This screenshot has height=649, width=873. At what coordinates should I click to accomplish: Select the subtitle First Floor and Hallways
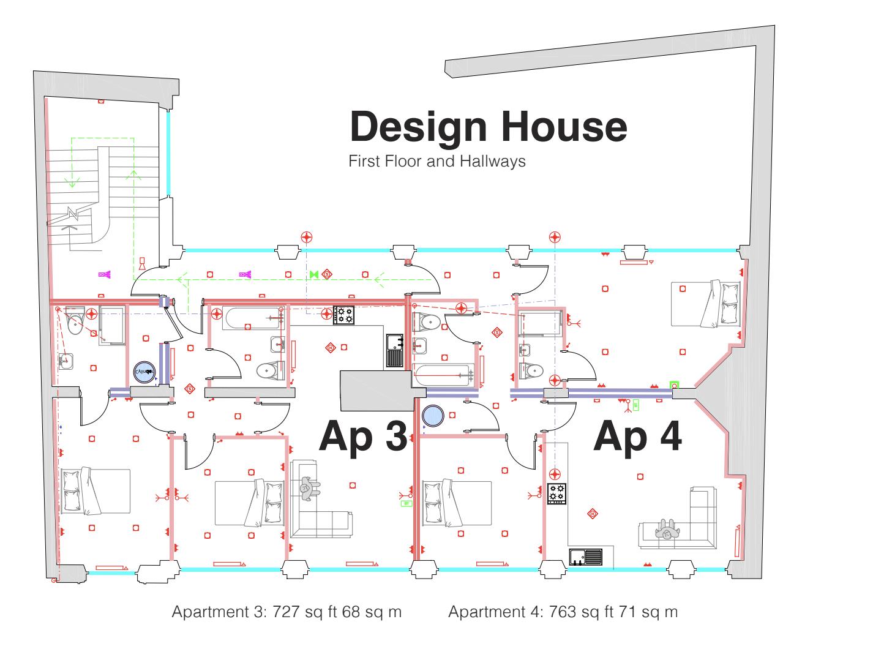tap(436, 162)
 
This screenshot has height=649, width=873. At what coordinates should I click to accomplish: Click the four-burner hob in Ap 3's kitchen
tap(343, 315)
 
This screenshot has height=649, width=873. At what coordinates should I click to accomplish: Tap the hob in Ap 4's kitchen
tap(556, 493)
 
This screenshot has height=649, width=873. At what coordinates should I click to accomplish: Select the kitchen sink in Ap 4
tap(586, 557)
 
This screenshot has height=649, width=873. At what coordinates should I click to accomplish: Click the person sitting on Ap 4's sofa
tap(666, 529)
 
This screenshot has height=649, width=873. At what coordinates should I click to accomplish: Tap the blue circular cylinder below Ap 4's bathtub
tap(433, 416)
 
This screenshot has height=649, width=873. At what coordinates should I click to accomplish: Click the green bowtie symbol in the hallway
tap(314, 275)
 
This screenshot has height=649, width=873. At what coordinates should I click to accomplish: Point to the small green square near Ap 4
tap(675, 385)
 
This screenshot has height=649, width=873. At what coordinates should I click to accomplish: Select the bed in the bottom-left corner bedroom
tap(95, 491)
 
